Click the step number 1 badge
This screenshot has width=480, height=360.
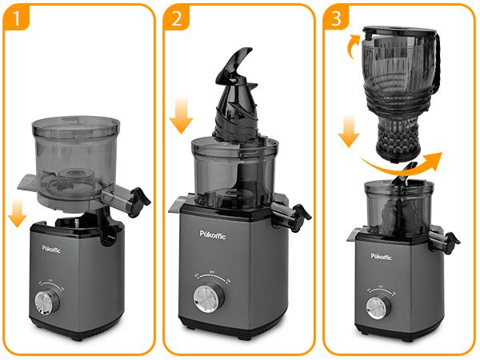tap(15, 18)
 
